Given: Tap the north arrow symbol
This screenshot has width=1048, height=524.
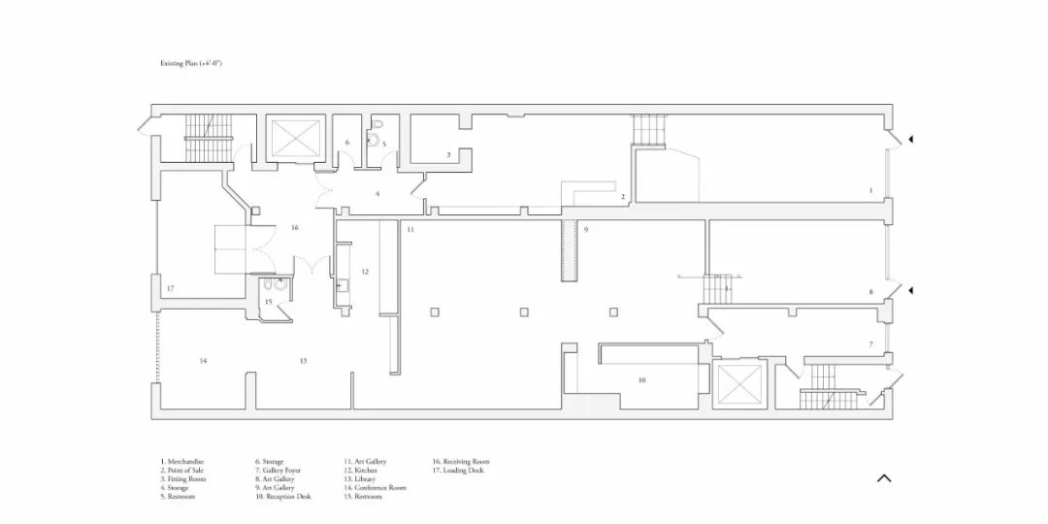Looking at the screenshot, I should click(x=883, y=477).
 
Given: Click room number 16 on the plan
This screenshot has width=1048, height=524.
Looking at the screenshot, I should click(x=294, y=227).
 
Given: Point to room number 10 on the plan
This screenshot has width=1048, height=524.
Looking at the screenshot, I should click(x=641, y=380).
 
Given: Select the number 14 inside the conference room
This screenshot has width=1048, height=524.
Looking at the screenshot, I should click(x=203, y=361).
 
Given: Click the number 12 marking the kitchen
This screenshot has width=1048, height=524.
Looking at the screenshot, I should click(x=365, y=272).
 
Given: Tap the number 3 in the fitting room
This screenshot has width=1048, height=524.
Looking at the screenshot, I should click(x=448, y=154).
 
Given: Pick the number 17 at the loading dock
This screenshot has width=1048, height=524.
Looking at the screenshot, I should click(x=170, y=289).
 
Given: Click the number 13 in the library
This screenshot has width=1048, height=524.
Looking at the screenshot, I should click(x=303, y=361).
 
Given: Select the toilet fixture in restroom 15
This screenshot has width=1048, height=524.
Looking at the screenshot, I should click(x=280, y=287).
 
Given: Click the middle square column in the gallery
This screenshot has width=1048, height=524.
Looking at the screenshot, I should click(x=524, y=311).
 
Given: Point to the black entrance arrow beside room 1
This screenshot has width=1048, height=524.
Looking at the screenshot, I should click(x=910, y=140).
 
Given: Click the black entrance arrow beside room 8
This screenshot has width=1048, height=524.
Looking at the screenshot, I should click(x=910, y=290).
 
